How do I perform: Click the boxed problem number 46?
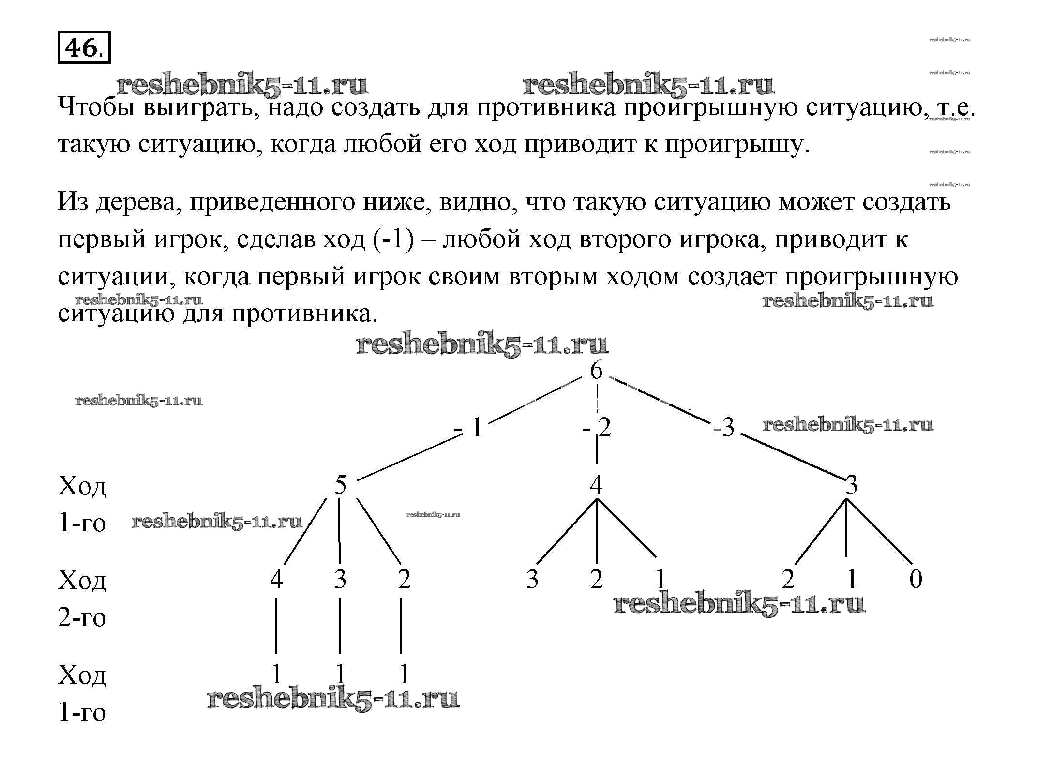click(84, 47)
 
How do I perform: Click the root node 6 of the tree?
click(596, 371)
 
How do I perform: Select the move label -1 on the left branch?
click(469, 428)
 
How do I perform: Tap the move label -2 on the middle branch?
click(597, 428)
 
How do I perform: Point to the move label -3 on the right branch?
click(724, 428)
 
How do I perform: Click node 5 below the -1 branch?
click(341, 484)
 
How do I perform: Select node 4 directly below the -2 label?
click(596, 484)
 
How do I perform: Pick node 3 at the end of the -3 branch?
click(852, 484)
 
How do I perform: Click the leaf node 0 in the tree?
click(916, 579)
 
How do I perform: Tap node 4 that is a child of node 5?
click(276, 579)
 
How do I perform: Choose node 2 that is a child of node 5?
click(404, 579)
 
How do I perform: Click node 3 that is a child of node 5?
click(340, 579)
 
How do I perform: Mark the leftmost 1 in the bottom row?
click(276, 674)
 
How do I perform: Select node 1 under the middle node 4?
click(660, 579)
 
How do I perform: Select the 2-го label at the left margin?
click(82, 618)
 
